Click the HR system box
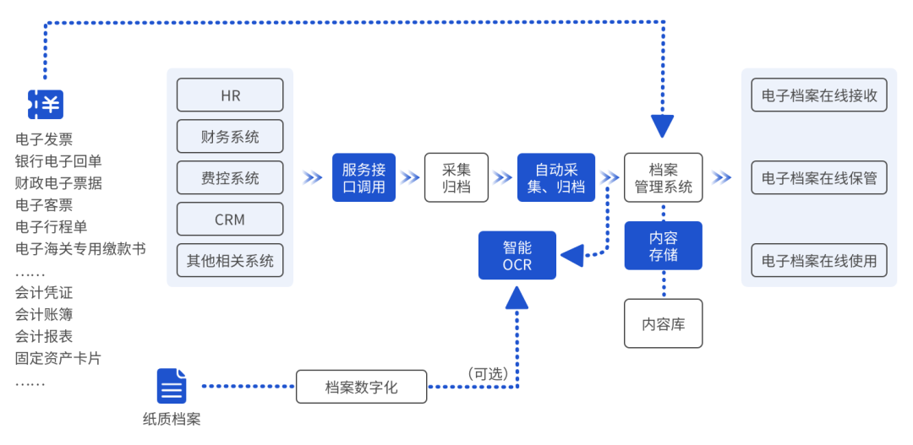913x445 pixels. click(x=230, y=95)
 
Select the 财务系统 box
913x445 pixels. click(x=230, y=137)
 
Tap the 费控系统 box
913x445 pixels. click(x=230, y=178)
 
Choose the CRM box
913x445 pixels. click(x=230, y=220)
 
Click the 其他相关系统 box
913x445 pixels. click(x=230, y=261)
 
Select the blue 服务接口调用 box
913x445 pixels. click(x=364, y=177)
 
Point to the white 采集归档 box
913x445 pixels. click(x=456, y=177)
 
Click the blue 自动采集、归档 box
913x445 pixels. click(x=556, y=177)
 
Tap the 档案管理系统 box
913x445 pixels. click(x=663, y=177)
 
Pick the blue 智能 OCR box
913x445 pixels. click(x=517, y=255)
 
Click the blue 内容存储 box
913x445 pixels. click(x=663, y=246)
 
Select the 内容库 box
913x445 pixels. click(x=663, y=323)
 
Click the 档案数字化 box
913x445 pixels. click(x=361, y=387)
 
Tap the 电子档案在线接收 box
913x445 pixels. click(x=819, y=95)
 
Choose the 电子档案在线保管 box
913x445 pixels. click(x=819, y=178)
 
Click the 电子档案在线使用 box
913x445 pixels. click(x=819, y=261)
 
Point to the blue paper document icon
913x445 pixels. click(x=172, y=386)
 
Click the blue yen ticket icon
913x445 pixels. click(x=46, y=104)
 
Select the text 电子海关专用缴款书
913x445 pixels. click(x=80, y=249)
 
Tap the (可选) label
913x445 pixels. click(x=488, y=373)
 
